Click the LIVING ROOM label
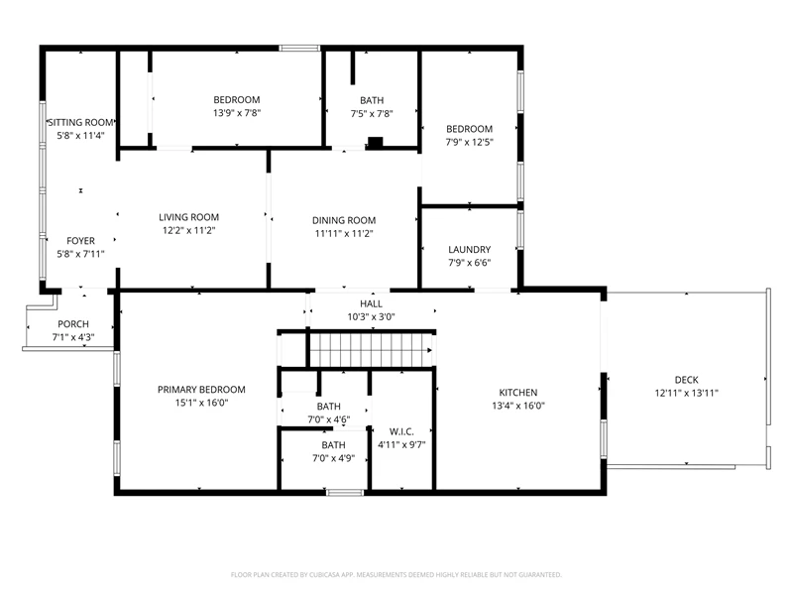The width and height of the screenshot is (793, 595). tap(188, 217)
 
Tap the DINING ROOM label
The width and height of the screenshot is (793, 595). tap(344, 220)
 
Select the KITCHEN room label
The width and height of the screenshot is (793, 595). tap(517, 392)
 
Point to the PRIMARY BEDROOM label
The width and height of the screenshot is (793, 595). tap(201, 389)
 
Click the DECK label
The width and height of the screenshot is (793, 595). tap(686, 380)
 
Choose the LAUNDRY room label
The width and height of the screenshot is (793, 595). tap(469, 250)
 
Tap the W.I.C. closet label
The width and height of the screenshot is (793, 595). tap(401, 431)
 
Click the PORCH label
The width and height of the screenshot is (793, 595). tap(73, 324)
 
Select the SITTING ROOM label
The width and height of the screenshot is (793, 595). tap(81, 122)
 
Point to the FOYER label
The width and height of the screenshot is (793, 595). tap(81, 241)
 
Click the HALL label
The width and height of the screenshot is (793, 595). tap(371, 303)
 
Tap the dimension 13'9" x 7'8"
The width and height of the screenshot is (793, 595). tap(237, 113)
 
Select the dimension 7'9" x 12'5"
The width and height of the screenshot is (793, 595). tap(469, 142)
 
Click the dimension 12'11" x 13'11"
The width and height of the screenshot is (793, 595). tap(686, 393)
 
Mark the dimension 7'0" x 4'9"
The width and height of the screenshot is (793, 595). tap(333, 458)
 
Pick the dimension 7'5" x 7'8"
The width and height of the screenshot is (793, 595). tap(372, 114)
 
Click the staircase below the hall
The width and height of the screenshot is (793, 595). tap(371, 350)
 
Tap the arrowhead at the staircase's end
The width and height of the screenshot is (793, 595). tap(430, 350)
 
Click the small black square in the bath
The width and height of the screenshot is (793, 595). tap(375, 142)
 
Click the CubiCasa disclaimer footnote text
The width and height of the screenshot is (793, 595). tap(396, 575)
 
